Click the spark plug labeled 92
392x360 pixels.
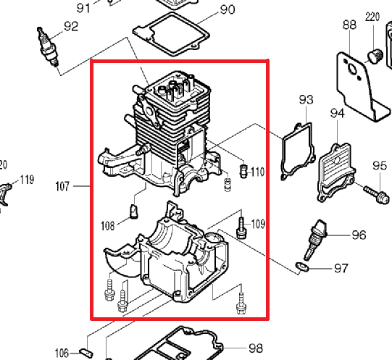coord(49,48)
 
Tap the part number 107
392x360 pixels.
coord(62,186)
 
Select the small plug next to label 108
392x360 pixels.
coord(134,212)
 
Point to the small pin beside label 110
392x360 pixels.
coord(243,171)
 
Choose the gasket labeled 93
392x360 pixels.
coord(298,151)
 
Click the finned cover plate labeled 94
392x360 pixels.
coord(335,172)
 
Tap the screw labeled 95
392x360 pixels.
coord(377,193)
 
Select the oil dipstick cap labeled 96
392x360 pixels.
coord(315,240)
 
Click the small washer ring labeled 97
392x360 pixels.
coord(302,267)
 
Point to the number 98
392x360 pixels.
coord(256,348)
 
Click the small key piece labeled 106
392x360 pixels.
coord(86,353)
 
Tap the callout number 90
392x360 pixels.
coord(228,9)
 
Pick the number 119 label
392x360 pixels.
coord(27,180)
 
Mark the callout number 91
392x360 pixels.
coord(83,8)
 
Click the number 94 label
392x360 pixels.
coord(337,113)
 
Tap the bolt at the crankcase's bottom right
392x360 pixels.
coord(241,304)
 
